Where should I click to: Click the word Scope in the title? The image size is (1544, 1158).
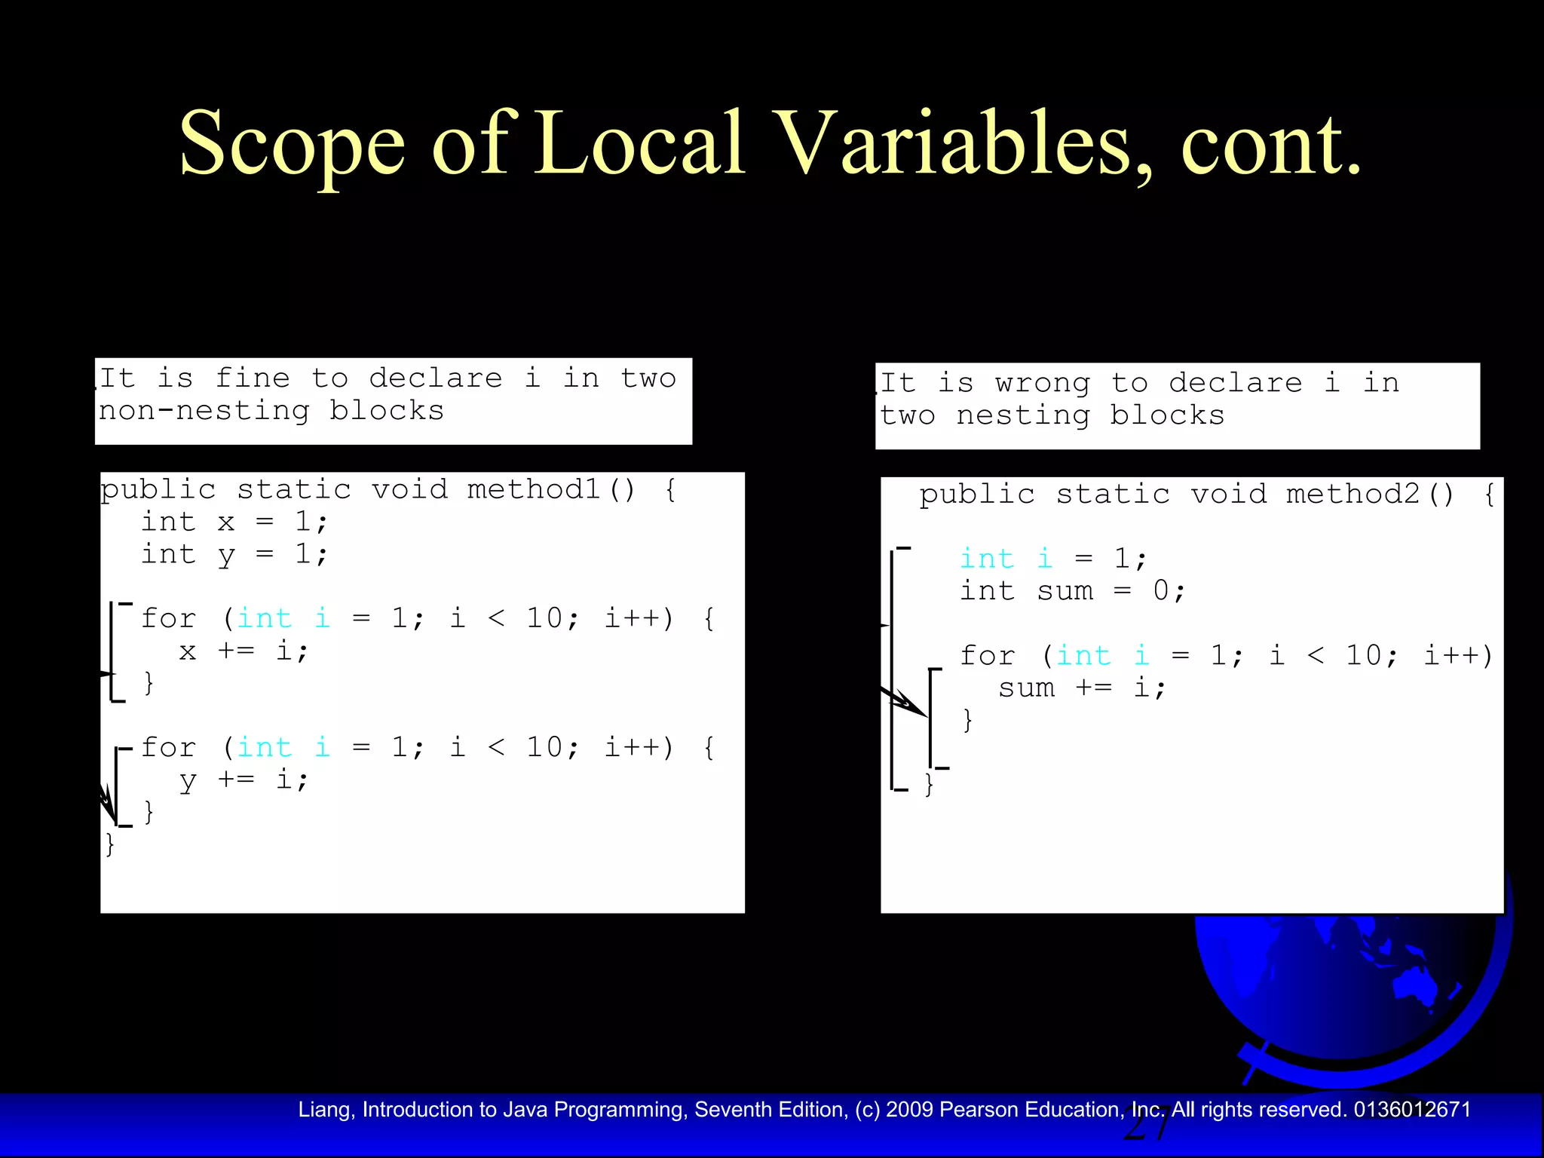pyautogui.click(x=292, y=144)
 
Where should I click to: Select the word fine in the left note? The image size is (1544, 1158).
pyautogui.click(x=253, y=378)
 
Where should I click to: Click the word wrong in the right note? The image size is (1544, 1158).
pyautogui.click(x=1042, y=384)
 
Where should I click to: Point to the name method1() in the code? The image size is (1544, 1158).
pyautogui.click(x=551, y=490)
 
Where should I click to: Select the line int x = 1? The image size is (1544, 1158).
pyautogui.click(x=234, y=522)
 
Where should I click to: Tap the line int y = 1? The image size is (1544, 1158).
pyautogui.click(x=234, y=555)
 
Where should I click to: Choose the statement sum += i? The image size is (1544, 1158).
pyautogui.click(x=1082, y=688)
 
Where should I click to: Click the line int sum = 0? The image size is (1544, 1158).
pyautogui.click(x=1072, y=591)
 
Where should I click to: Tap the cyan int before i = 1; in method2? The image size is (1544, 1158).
pyautogui.click(x=987, y=559)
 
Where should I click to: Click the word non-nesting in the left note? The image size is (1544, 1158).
pyautogui.click(x=204, y=412)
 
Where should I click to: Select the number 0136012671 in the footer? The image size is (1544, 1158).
pyautogui.click(x=1412, y=1110)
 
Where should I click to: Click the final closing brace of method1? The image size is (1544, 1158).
pyautogui.click(x=110, y=844)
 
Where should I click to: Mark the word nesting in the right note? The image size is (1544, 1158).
pyautogui.click(x=1023, y=416)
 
